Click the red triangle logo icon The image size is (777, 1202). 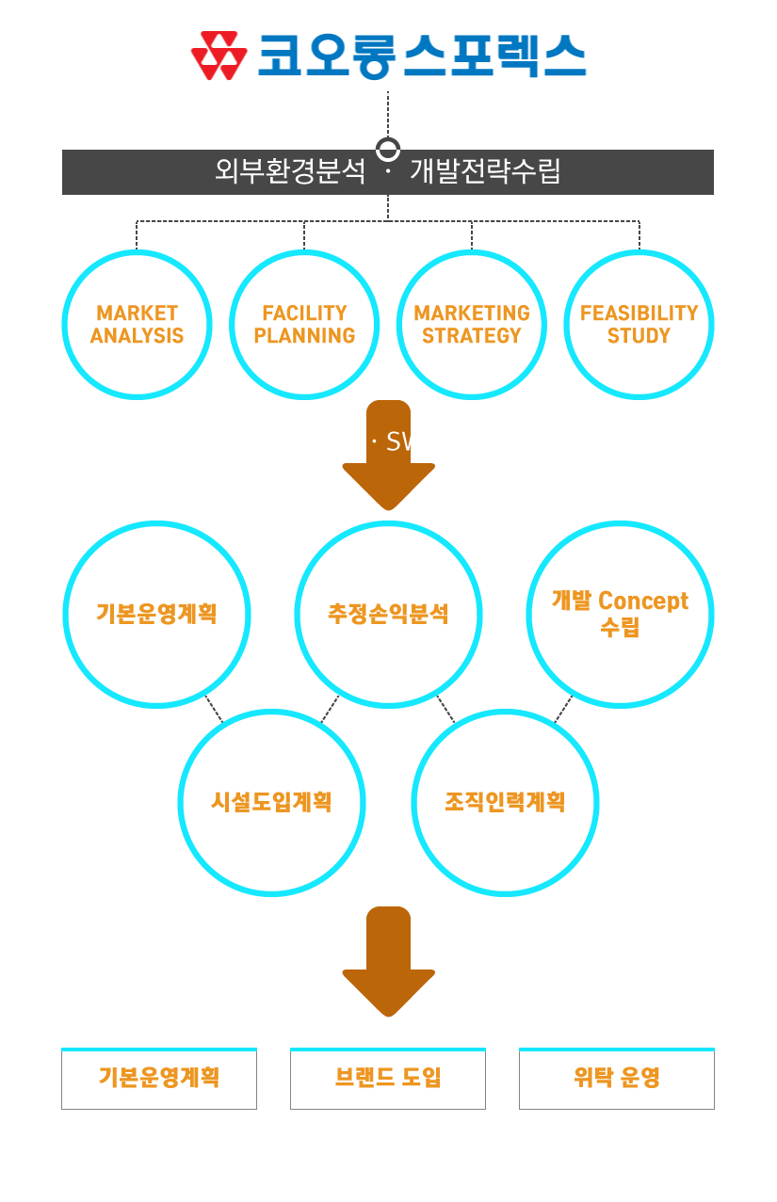coord(219,56)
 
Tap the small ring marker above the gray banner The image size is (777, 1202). coord(387,149)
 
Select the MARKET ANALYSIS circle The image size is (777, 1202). coord(137,324)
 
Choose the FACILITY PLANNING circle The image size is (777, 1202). coord(304,324)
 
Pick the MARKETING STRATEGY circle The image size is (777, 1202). coord(472,324)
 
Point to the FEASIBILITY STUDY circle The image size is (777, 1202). coord(639,324)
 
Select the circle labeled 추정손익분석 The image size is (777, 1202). coord(388,614)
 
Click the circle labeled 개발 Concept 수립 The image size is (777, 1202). coord(620,614)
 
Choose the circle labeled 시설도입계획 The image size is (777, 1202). coord(271,802)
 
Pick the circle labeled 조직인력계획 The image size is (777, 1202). coord(505,802)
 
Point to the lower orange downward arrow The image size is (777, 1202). coord(388,960)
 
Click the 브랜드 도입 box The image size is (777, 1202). coord(388,1079)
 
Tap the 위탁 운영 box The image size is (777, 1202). coord(617,1079)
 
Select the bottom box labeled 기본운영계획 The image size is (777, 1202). coord(159,1079)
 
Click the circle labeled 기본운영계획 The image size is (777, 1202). coord(156,614)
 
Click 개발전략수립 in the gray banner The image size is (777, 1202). coord(485,172)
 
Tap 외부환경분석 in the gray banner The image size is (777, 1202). coord(290,172)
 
